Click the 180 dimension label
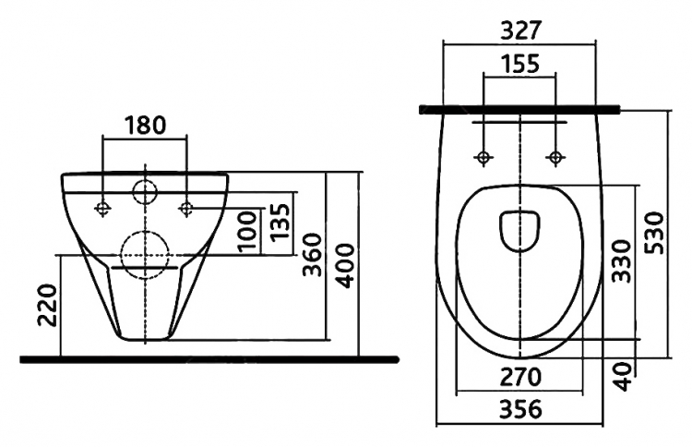pyautogui.click(x=145, y=125)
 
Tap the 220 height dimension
pyautogui.click(x=48, y=305)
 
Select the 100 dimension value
pyautogui.click(x=247, y=232)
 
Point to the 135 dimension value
pyautogui.click(x=280, y=223)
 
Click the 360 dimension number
pyautogui.click(x=313, y=255)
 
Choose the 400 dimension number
pyautogui.click(x=345, y=265)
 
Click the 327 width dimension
pyautogui.click(x=520, y=30)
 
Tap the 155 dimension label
pyautogui.click(x=519, y=64)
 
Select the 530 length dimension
pyautogui.click(x=654, y=233)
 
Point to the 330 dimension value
pyautogui.click(x=622, y=261)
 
